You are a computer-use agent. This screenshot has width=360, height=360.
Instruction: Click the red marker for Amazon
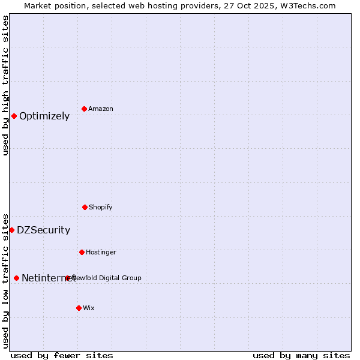pos(84,109)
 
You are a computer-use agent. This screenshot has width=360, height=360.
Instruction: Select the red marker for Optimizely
pos(14,116)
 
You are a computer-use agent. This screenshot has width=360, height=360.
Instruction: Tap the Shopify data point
pos(85,207)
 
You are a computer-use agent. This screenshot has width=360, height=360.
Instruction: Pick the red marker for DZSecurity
pos(11,230)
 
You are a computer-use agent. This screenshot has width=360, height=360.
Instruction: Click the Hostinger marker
pos(82,252)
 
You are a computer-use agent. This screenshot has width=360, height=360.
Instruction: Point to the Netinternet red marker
pos(16,278)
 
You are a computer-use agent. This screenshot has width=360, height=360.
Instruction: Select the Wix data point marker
pos(79,308)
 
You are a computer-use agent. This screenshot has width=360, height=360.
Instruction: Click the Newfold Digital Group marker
pos(68,278)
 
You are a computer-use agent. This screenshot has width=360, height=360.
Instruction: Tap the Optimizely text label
pos(44,116)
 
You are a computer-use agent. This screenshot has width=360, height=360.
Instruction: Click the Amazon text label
pos(101,109)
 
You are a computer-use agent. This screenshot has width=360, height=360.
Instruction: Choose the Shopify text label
pos(101,207)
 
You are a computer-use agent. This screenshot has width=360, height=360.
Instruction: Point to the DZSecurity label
pos(43,230)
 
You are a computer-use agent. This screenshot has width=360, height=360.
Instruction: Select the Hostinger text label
pos(101,252)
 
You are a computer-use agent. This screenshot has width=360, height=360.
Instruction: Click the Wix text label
pos(89,308)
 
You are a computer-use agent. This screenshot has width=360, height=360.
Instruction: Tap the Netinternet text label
pos(48,278)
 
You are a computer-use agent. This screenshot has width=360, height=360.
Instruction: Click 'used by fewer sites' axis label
pos(62,355)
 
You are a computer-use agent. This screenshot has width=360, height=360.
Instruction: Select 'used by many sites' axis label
pos(301,355)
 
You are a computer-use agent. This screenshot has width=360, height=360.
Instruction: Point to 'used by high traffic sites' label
pos(5,85)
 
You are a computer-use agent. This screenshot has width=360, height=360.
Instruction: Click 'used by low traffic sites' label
pos(5,281)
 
